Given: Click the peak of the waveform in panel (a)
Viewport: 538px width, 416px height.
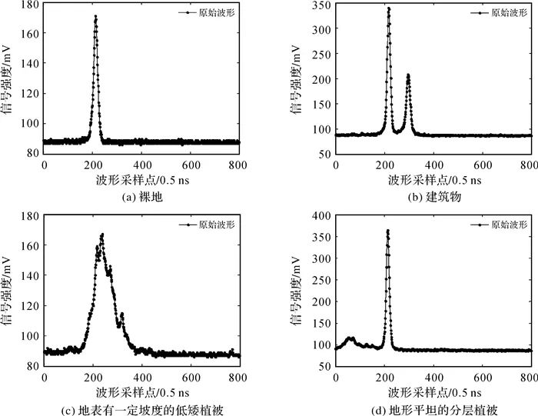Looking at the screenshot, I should tap(95, 17).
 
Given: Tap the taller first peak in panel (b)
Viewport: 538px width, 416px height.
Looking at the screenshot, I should tap(388, 9).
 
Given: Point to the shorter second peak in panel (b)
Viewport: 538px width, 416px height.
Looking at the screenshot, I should tap(408, 75).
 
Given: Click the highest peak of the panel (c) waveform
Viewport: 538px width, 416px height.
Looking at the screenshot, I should tap(101, 235).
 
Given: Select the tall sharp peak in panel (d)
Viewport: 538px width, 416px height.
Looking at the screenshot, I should tap(387, 231).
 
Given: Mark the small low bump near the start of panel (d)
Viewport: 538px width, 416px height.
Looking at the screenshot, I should tap(350, 338).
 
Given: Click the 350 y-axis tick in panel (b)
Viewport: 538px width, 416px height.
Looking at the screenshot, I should tap(324, 5).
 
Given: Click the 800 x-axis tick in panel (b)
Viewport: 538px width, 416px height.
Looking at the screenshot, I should tap(530, 165).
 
